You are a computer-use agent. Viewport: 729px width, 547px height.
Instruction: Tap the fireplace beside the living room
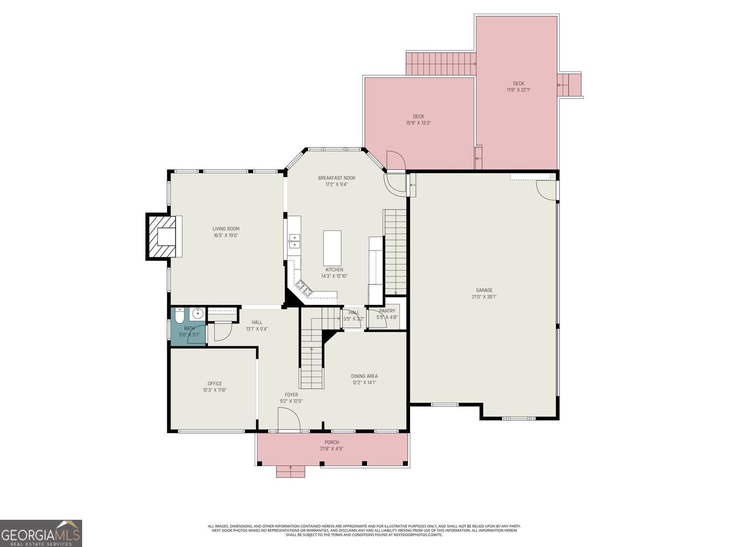162,237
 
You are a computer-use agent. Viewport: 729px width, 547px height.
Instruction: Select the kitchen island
332,247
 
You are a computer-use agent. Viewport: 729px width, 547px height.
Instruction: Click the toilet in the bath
179,316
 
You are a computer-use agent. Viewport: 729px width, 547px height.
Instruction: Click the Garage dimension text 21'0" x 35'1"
484,297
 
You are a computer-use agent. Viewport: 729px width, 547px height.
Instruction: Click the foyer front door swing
289,419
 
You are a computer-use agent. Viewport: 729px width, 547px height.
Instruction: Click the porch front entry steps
291,471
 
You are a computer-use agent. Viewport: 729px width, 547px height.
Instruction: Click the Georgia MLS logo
41,533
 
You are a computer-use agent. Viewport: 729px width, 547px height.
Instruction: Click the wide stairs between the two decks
440,64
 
